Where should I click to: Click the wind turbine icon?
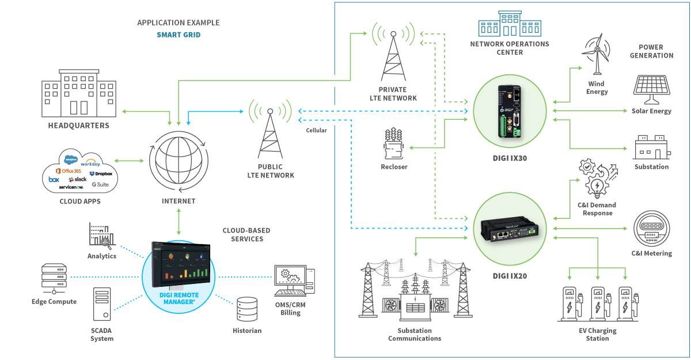597,55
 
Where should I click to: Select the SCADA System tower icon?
102,304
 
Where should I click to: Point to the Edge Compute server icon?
54,279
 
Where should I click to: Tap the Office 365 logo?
68,171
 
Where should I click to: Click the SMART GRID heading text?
179,35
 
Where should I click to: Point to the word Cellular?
316,130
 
